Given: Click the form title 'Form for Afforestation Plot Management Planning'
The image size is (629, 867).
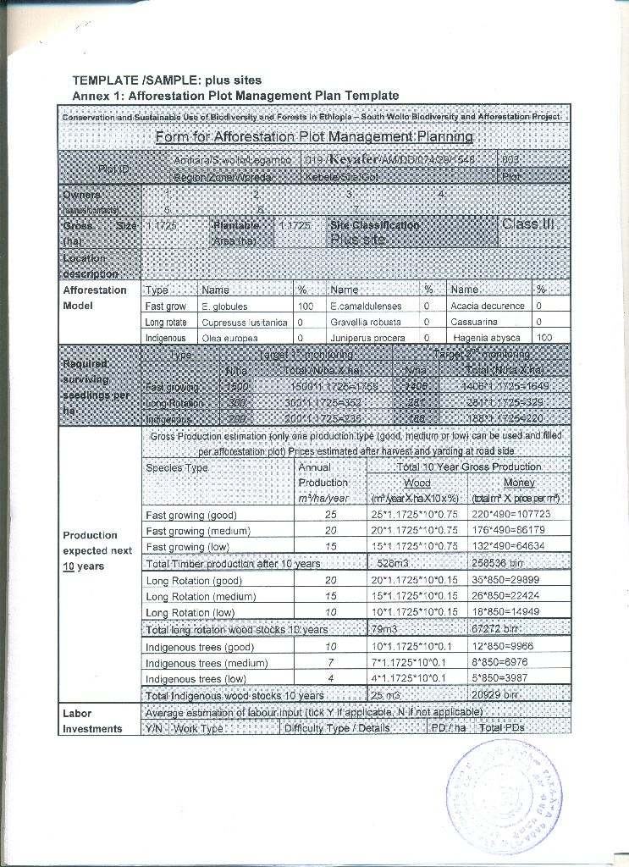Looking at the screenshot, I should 314,136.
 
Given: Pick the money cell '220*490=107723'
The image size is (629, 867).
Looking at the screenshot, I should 510,515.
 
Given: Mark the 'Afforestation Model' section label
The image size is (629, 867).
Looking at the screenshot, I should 95,297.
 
